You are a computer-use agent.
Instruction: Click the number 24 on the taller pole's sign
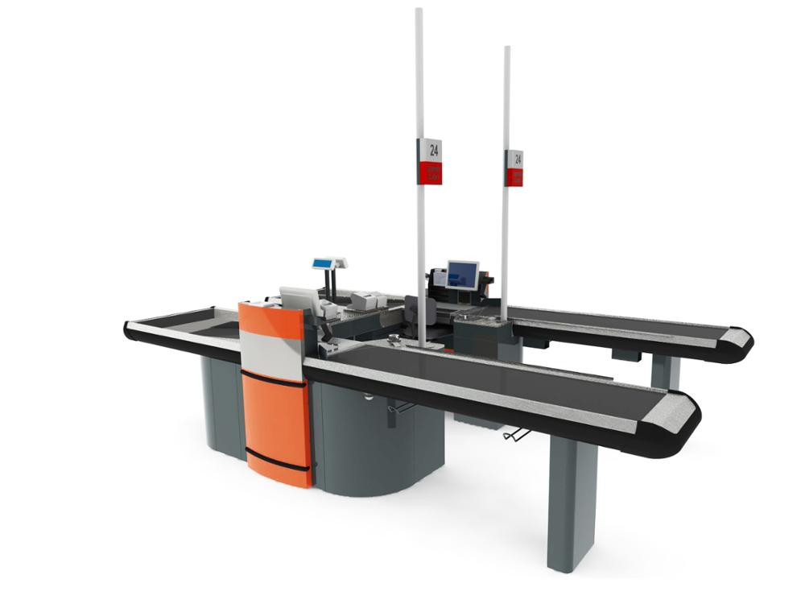coord(434,150)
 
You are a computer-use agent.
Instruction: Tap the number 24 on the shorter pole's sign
coord(518,159)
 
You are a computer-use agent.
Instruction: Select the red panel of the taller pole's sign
coord(431,172)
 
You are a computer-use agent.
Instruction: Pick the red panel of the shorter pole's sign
coord(515,177)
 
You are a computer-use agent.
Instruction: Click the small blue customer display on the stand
coord(325,263)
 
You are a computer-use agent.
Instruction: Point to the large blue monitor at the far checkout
coord(462,275)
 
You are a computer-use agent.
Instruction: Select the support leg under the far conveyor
coord(665,370)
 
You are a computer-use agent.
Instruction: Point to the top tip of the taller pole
coord(419,10)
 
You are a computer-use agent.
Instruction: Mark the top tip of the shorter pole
coord(507,48)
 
